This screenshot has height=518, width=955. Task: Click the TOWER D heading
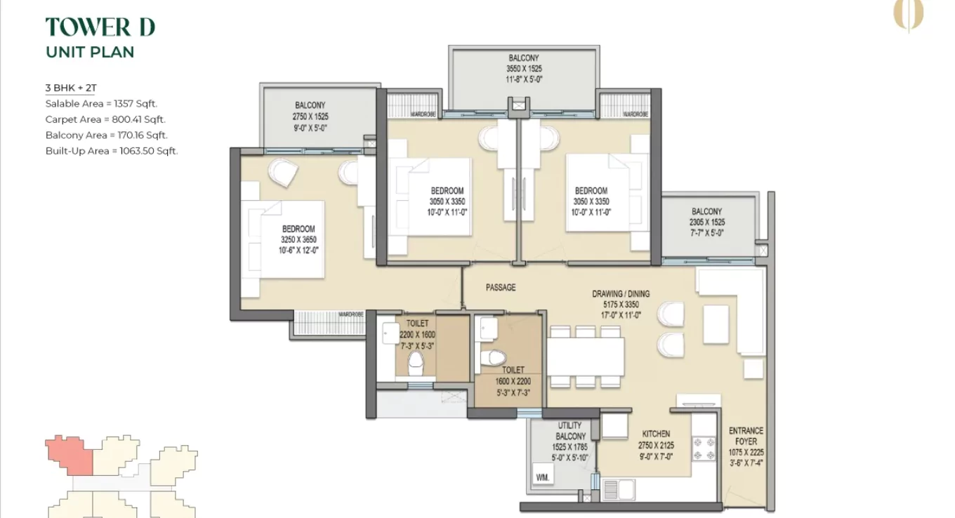tap(100, 27)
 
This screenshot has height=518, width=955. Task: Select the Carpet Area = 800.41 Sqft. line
tap(105, 119)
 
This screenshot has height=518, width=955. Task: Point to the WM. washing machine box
tap(543, 476)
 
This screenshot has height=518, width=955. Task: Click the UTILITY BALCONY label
tap(569, 431)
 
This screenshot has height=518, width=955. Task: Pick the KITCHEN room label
tap(656, 434)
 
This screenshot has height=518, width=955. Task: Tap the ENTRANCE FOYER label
tap(746, 436)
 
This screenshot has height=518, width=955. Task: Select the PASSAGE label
tap(500, 288)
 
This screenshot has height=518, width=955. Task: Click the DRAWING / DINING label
tap(621, 294)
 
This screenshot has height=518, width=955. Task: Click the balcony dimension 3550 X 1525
tap(524, 69)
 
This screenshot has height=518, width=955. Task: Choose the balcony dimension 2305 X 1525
tap(706, 223)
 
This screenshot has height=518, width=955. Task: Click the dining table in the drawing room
tap(586, 357)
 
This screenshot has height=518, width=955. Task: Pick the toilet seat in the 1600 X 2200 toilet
tap(494, 357)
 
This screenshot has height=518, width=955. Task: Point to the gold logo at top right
tap(908, 15)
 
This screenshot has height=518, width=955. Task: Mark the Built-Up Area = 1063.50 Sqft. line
tap(111, 151)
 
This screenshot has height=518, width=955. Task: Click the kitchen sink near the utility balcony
tap(618, 489)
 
